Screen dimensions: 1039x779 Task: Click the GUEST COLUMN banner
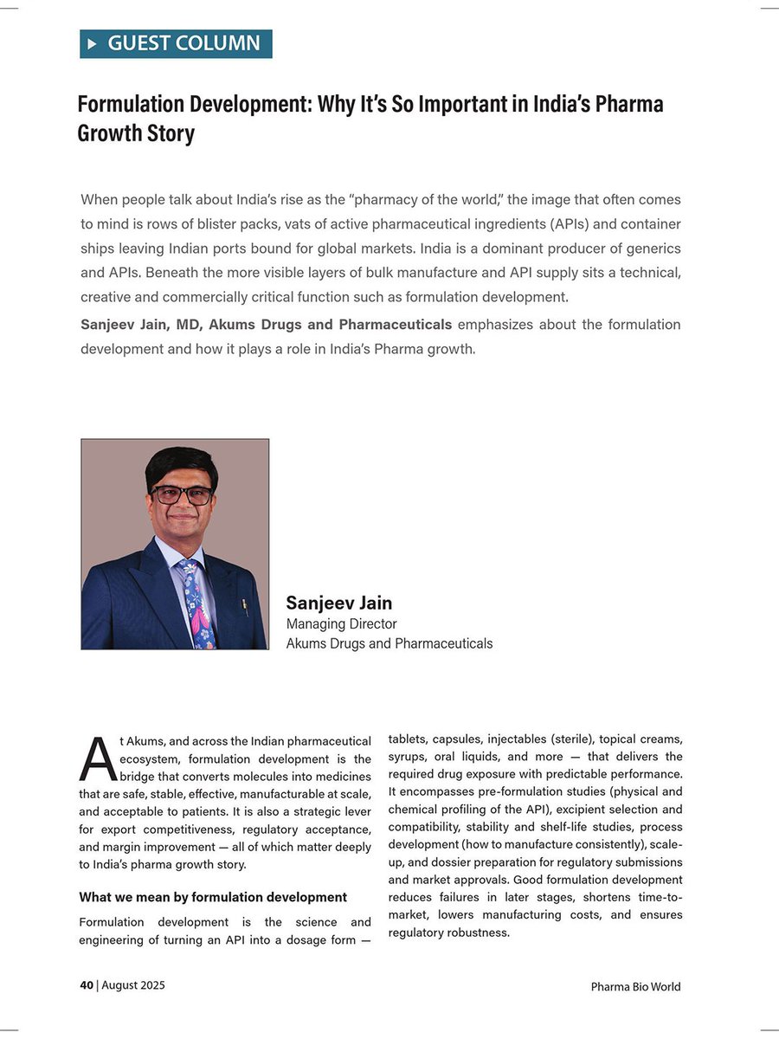point(177,43)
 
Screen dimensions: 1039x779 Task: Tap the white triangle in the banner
point(93,43)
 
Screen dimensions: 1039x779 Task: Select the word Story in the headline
point(171,134)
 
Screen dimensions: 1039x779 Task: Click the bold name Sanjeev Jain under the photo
point(339,603)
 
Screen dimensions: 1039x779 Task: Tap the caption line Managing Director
point(341,623)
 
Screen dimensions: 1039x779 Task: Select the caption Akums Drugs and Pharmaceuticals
point(389,643)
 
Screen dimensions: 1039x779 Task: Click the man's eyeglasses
point(183,495)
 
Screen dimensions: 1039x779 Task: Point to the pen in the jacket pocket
point(245,606)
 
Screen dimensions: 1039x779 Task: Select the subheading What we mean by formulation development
point(213,897)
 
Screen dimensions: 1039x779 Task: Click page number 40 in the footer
point(87,985)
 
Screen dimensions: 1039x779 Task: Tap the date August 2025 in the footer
point(133,985)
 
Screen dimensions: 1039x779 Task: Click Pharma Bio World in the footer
point(635,986)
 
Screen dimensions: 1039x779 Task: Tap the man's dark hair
point(180,461)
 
